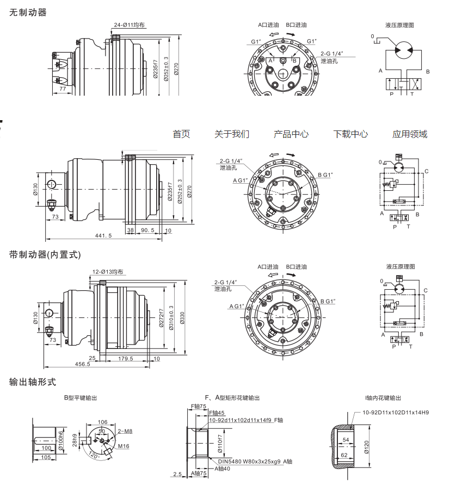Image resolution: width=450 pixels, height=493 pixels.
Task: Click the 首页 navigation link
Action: coord(181,134)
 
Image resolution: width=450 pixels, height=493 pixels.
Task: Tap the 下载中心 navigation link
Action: coord(350,134)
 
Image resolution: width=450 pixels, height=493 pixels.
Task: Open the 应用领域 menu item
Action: coord(410,134)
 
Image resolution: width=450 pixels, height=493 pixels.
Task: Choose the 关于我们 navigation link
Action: coord(232,134)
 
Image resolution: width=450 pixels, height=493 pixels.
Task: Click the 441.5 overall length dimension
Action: coord(103,235)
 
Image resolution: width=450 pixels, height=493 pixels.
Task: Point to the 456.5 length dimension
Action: coord(81,364)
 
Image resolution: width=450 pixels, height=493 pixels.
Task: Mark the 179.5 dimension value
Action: coord(125,358)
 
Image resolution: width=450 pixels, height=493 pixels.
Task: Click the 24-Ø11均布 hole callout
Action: coord(130,24)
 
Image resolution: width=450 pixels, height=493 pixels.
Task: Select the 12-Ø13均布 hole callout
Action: coord(108,271)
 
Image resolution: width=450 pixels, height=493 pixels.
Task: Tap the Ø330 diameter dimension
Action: coord(182,317)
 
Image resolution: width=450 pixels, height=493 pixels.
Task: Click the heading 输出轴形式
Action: coord(33,382)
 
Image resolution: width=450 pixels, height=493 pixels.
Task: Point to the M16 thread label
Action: coord(124,446)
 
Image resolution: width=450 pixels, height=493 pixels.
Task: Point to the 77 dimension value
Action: coord(63,88)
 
